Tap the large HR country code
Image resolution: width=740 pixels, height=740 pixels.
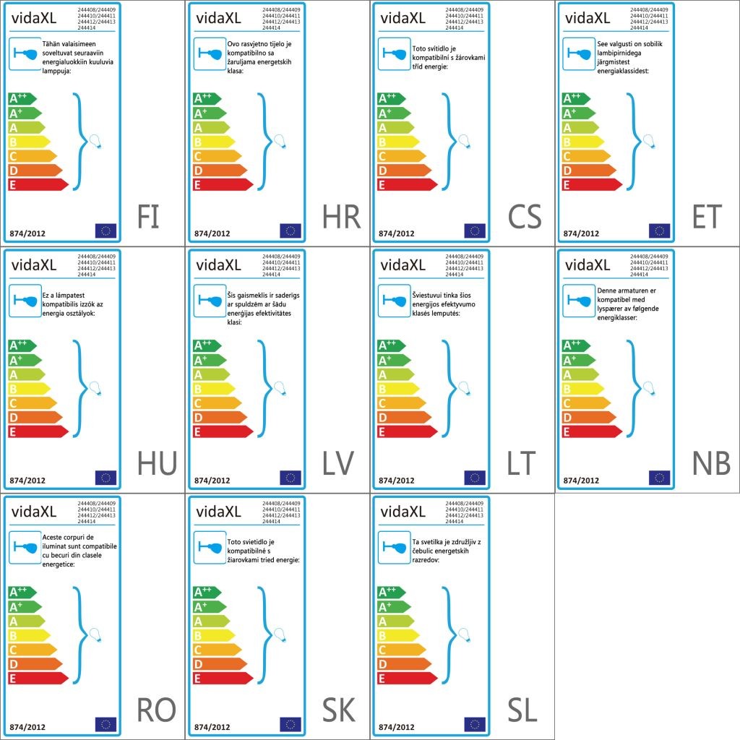(340, 217)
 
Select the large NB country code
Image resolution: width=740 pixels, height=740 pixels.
(711, 464)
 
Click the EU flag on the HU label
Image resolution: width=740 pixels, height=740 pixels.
(106, 477)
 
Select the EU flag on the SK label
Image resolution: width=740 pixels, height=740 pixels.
(291, 724)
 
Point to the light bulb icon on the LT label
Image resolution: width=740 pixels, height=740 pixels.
(465, 388)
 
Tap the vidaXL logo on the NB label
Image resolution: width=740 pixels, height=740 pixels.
(587, 265)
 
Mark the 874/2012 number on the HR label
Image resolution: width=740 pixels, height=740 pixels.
(212, 233)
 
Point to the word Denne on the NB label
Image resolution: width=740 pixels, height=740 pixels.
(608, 290)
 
